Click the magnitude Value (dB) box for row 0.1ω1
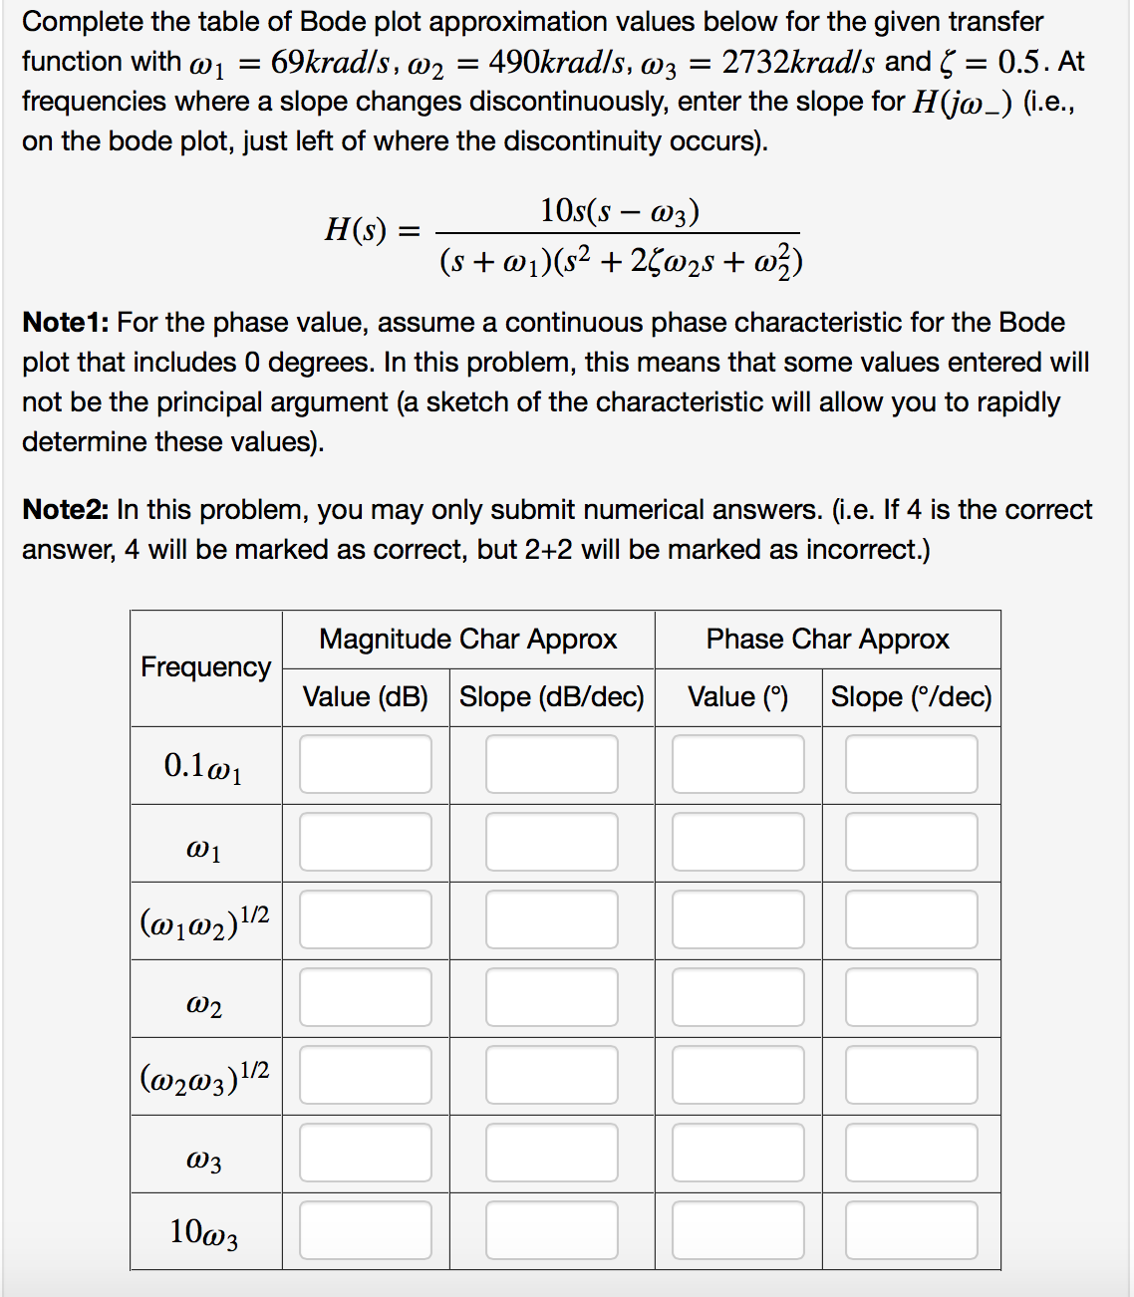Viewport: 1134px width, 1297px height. click(365, 764)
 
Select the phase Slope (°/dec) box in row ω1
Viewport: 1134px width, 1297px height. click(911, 842)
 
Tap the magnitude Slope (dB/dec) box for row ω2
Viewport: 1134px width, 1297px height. click(551, 997)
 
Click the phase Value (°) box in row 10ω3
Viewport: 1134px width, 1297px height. click(737, 1230)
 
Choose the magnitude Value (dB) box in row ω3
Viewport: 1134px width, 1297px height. click(365, 1153)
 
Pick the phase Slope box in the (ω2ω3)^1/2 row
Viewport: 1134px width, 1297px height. click(911, 1075)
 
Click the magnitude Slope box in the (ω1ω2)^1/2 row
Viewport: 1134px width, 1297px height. click(551, 919)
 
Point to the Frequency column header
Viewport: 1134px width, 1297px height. click(205, 666)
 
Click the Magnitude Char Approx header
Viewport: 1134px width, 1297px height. click(467, 639)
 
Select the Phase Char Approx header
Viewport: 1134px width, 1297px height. click(827, 639)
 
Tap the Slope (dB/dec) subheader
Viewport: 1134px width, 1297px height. click(551, 696)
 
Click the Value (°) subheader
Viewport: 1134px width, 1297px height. click(737, 696)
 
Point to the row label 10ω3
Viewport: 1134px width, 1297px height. click(204, 1232)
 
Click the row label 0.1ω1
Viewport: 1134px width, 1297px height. click(203, 766)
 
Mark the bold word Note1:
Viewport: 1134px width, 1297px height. click(65, 322)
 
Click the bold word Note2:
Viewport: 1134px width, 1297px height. click(65, 509)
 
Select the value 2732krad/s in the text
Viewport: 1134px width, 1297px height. click(798, 62)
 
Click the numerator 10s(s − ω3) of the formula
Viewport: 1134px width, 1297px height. click(619, 211)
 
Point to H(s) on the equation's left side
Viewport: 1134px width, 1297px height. click(355, 230)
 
